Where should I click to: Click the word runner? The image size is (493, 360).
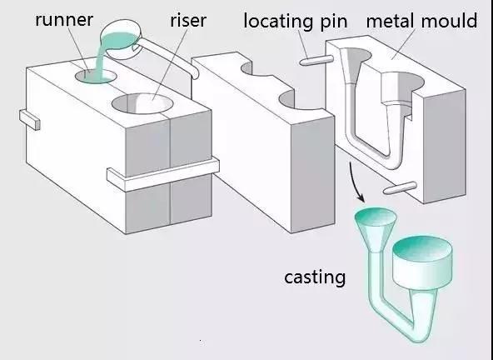click(64, 21)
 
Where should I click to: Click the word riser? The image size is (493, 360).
click(188, 21)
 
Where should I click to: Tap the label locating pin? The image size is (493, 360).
click(296, 22)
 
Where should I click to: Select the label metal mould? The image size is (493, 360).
click(421, 21)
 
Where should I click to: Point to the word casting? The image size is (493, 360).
click(315, 277)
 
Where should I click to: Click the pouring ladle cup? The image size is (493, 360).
click(121, 39)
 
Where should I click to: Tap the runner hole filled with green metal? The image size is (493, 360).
click(96, 77)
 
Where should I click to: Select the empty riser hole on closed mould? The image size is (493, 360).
click(142, 103)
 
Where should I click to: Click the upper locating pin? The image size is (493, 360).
click(316, 60)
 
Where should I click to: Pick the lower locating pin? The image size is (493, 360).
click(400, 187)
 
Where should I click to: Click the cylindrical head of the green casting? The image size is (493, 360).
click(422, 262)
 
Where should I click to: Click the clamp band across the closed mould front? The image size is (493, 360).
click(163, 175)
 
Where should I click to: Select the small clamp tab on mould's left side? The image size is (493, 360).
click(29, 119)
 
